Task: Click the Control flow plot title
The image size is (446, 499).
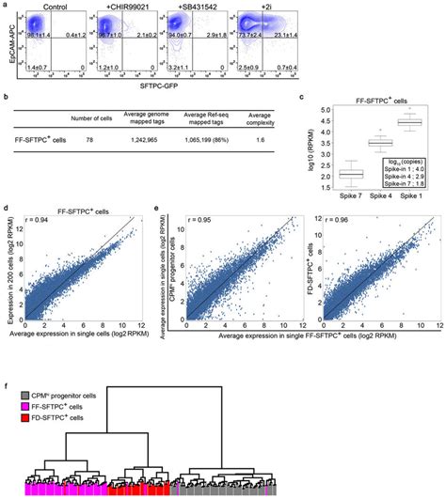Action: (47, 6)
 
